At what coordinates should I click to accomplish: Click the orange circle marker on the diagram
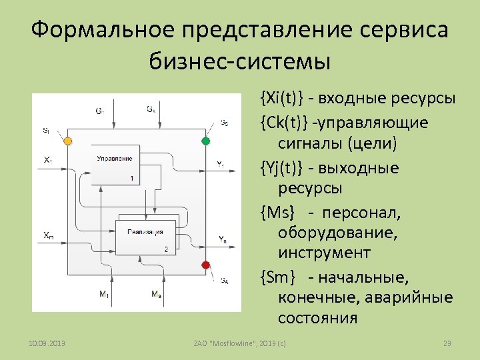pyautogui.click(x=67, y=141)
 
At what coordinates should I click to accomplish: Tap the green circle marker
pyautogui.click(x=205, y=141)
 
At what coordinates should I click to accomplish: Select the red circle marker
pyautogui.click(x=205, y=265)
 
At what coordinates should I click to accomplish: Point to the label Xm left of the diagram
pyautogui.click(x=49, y=235)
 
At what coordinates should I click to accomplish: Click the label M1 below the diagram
pyautogui.click(x=103, y=294)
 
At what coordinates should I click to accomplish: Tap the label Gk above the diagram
pyautogui.click(x=152, y=109)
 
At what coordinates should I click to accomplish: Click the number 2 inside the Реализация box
pyautogui.click(x=165, y=249)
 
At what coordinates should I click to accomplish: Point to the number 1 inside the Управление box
pyautogui.click(x=132, y=178)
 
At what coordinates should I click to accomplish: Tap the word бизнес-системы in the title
pyautogui.click(x=240, y=63)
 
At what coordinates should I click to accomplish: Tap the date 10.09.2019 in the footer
pyautogui.click(x=47, y=343)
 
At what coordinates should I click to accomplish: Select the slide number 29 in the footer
pyautogui.click(x=447, y=343)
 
